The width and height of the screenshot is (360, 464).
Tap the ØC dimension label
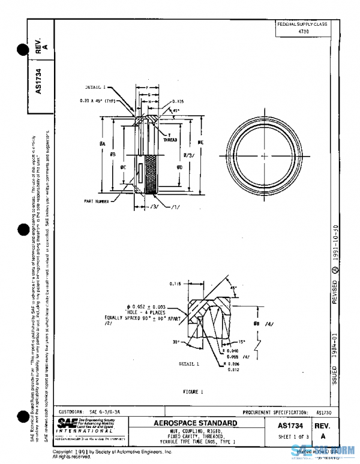[123, 166]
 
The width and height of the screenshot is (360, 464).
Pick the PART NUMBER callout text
[97, 202]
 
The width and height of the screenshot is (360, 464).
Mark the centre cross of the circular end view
[265, 156]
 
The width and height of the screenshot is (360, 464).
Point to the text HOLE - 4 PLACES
[132, 312]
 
